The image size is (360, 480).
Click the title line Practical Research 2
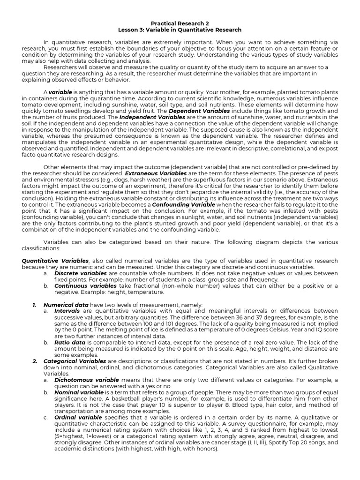point(180,23)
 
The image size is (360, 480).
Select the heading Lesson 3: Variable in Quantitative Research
point(180,30)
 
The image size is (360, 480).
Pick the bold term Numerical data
point(66,304)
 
